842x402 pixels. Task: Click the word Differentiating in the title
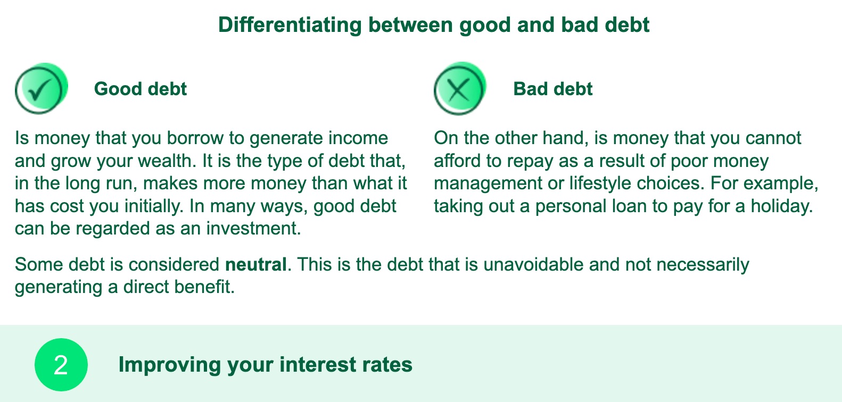point(290,25)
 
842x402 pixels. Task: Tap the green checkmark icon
point(42,89)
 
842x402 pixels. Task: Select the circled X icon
point(460,89)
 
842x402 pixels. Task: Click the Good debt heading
point(140,89)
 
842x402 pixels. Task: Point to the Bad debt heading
point(552,89)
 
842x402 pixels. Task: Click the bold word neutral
point(255,264)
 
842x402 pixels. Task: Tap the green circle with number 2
point(61,364)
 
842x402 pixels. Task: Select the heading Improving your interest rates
point(266,364)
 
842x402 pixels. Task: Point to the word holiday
point(781,206)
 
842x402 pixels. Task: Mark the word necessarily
point(703,264)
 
